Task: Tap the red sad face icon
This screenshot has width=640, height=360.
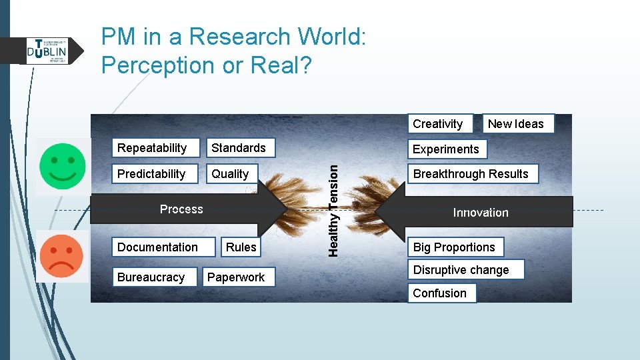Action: click(x=62, y=257)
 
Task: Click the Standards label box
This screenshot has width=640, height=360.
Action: click(x=239, y=148)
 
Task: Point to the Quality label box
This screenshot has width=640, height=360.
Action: click(x=231, y=174)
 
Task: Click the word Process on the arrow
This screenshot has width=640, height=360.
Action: click(x=181, y=209)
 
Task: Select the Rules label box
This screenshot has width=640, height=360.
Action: click(x=241, y=247)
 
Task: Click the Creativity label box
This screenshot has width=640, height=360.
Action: click(x=439, y=124)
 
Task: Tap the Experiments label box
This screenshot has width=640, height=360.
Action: click(x=447, y=149)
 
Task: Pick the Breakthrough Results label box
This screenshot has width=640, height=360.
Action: click(x=472, y=174)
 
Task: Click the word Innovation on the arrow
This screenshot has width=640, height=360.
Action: click(x=480, y=213)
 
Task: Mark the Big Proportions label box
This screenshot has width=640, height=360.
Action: click(x=455, y=247)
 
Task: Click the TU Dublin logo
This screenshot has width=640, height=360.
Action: click(x=47, y=51)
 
